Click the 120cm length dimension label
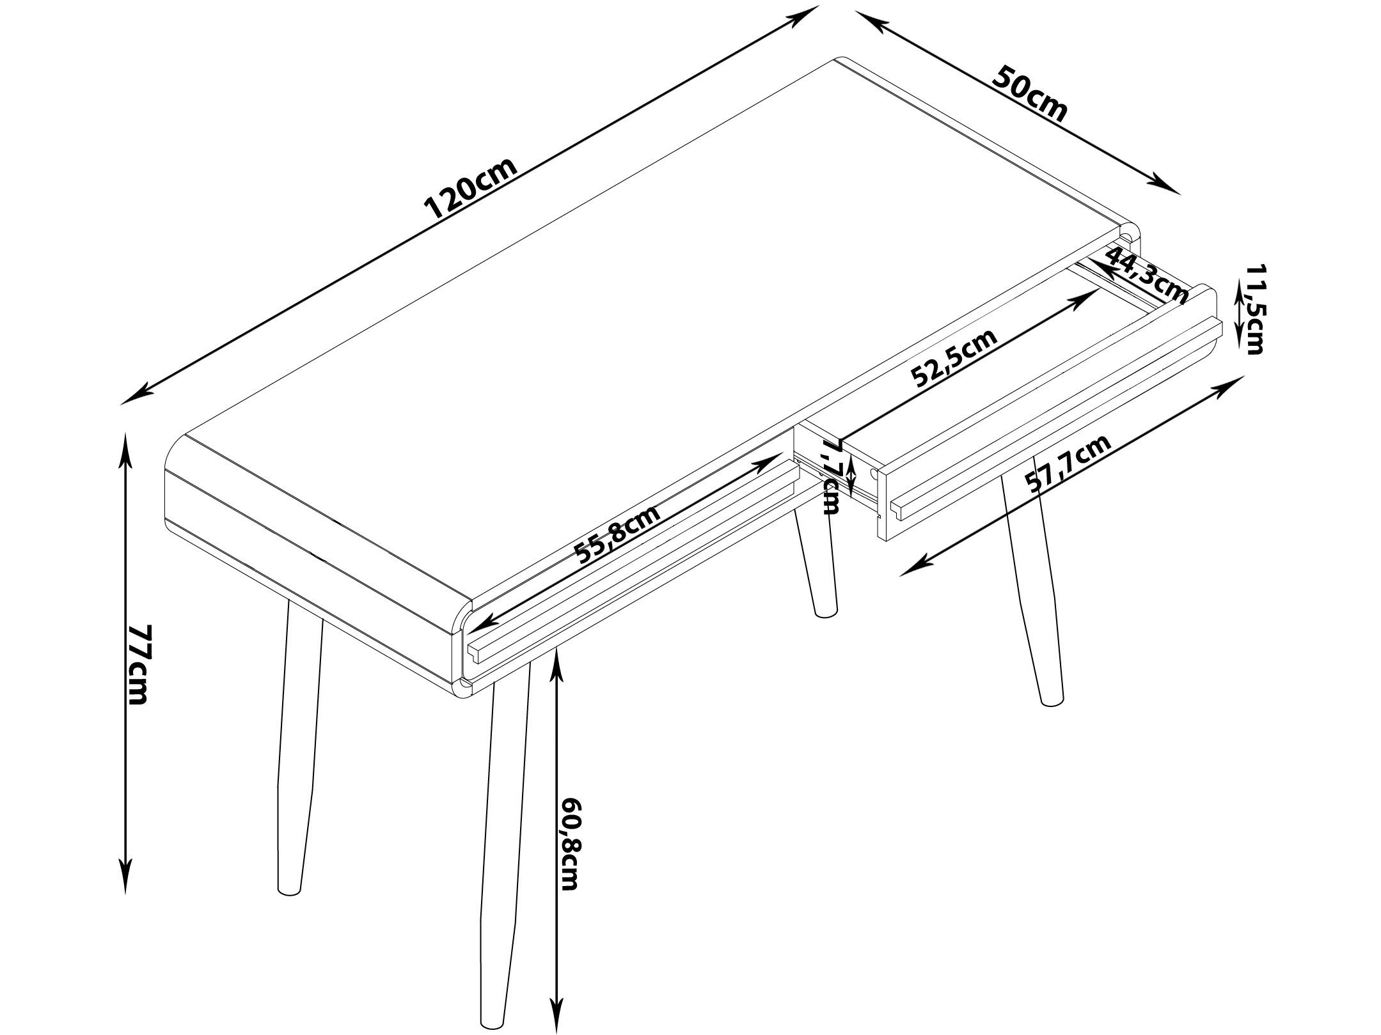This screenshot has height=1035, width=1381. pos(470,188)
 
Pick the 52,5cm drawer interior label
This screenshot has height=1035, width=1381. pos(954,358)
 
